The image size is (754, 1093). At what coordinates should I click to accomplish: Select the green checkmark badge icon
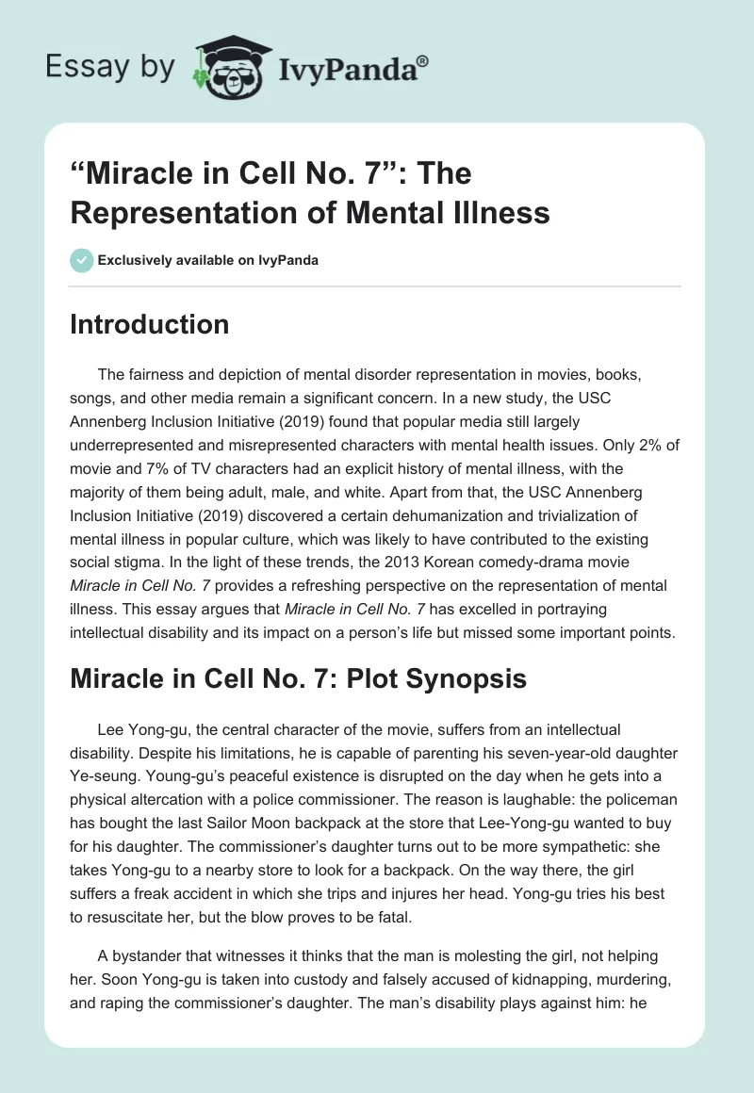[81, 260]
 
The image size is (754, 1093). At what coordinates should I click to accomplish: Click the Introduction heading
[149, 324]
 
